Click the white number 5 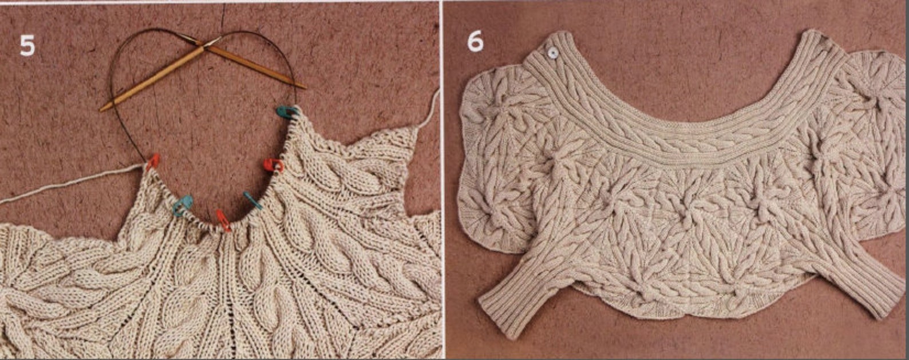pos(27,45)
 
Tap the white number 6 pos(475,41)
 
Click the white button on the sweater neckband pos(552,53)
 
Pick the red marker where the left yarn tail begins pos(153,162)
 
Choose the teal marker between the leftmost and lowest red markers pos(184,205)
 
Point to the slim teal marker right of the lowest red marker pos(252,200)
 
